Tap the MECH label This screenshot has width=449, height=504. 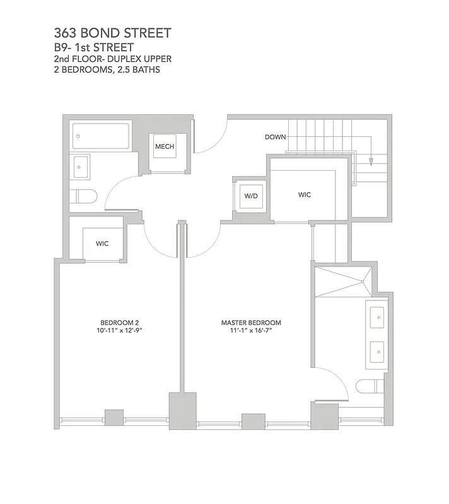[x=165, y=147]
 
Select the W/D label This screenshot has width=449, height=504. [x=251, y=196]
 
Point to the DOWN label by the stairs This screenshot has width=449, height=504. [x=275, y=137]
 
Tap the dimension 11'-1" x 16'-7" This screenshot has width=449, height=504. [x=247, y=331]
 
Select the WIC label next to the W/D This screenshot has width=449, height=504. [x=305, y=195]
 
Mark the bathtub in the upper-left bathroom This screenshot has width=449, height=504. [x=101, y=135]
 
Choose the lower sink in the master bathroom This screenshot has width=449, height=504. [x=376, y=350]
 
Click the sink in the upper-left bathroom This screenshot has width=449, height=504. [x=82, y=167]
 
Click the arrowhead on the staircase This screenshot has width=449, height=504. [x=371, y=162]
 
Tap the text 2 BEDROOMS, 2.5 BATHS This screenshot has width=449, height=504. [x=107, y=69]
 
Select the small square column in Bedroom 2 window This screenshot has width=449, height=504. [x=114, y=418]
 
